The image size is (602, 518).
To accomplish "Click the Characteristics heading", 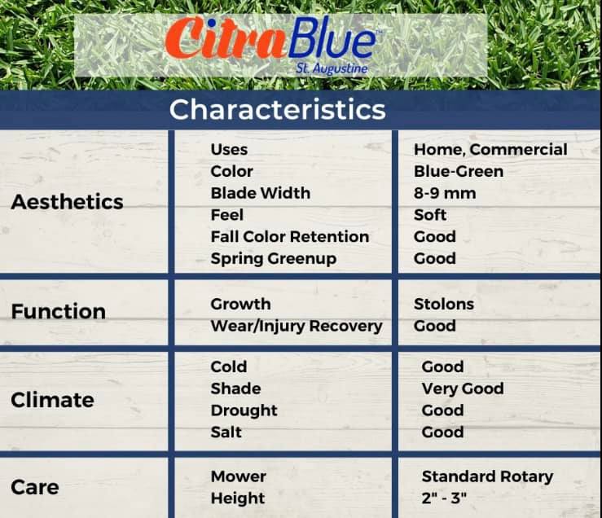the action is (277, 109).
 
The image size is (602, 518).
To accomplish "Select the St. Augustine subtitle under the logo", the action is (332, 68).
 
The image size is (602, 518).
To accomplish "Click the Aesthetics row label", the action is (67, 202).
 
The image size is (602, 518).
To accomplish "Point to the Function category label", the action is (59, 311).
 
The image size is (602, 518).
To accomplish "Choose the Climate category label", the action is (53, 400).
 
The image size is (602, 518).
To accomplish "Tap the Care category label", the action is (35, 487).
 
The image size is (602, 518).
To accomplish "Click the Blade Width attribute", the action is (261, 193).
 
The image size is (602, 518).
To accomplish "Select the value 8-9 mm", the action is (445, 193).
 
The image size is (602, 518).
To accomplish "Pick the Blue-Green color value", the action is (459, 171).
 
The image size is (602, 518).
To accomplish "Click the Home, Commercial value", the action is (490, 150).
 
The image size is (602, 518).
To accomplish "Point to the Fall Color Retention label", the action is (290, 236).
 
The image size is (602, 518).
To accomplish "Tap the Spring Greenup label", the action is (274, 259).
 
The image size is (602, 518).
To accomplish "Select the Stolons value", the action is (444, 304).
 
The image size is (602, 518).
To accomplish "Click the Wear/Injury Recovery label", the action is (297, 326).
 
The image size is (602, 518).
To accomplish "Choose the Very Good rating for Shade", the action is (463, 388).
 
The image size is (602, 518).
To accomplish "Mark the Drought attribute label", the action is (244, 410).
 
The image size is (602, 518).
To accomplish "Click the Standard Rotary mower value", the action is (487, 476).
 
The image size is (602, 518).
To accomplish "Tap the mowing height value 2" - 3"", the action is (444, 498).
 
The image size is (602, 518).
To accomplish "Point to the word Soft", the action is (430, 215).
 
